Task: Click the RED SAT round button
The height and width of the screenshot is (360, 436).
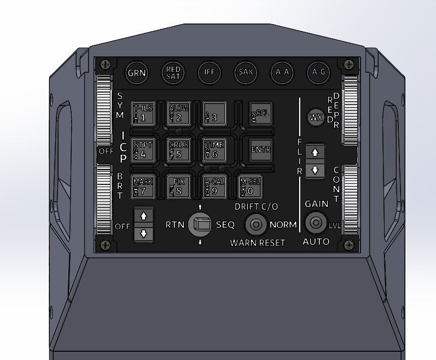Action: tap(173, 72)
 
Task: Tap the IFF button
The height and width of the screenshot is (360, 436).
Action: tap(208, 72)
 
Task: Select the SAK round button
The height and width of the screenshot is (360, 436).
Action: tap(245, 72)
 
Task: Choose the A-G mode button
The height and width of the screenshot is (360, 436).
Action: tap(317, 72)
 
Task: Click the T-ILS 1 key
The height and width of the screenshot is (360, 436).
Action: tap(143, 113)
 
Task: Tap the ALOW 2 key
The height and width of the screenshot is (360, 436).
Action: tap(178, 113)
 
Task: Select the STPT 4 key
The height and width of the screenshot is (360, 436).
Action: tap(143, 149)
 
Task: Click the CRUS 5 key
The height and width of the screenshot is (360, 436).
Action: tap(178, 149)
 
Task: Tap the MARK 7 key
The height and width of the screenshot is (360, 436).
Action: tap(143, 187)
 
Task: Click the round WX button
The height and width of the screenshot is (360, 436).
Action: tap(316, 117)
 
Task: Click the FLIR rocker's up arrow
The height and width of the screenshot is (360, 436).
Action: tap(315, 152)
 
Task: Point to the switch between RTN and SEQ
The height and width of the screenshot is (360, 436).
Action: tap(200, 224)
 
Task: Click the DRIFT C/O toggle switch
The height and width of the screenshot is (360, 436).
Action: tap(255, 224)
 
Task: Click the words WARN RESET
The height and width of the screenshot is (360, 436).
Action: tap(257, 242)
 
